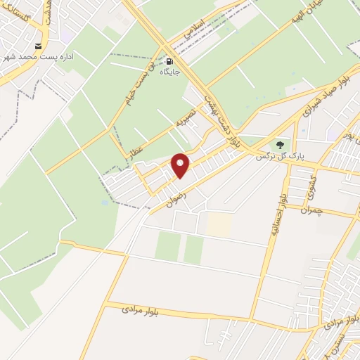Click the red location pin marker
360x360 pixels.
point(181,165)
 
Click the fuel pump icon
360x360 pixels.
point(169,61)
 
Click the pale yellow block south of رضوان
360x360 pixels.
point(219,224)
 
